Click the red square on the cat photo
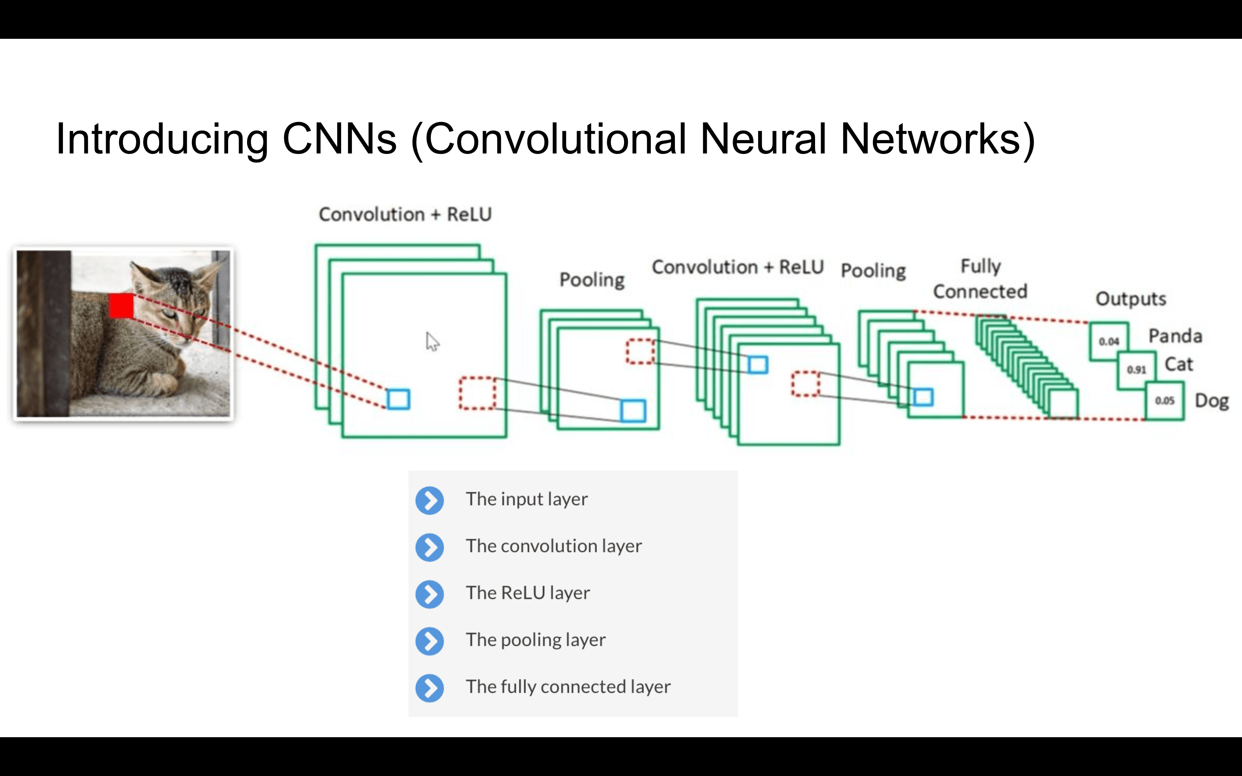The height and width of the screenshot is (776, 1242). [121, 306]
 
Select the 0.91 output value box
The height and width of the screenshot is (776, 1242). [1136, 369]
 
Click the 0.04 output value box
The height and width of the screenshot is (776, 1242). [1109, 341]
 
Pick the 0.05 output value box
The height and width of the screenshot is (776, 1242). [1164, 401]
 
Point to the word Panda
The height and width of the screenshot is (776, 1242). [1175, 336]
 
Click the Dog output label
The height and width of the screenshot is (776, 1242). [1211, 401]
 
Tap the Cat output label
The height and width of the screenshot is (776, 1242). [1178, 364]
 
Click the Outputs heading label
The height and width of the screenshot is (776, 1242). [1131, 299]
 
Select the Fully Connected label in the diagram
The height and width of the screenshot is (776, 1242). [980, 278]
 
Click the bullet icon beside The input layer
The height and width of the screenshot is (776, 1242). [430, 500]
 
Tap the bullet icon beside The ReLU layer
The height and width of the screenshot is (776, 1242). [430, 594]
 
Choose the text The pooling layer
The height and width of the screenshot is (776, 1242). [535, 640]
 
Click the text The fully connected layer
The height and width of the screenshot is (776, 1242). [568, 687]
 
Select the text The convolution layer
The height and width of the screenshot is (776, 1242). [553, 546]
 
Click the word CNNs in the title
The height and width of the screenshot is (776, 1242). [339, 139]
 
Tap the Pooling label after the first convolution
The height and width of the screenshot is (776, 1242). [592, 280]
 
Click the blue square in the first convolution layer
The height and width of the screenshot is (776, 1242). [398, 399]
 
